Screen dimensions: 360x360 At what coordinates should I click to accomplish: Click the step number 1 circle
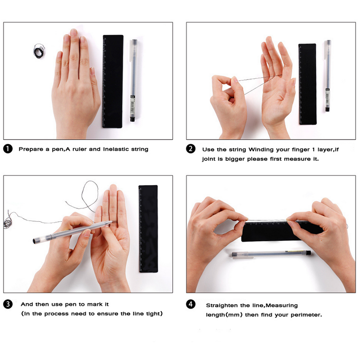click(x=8, y=149)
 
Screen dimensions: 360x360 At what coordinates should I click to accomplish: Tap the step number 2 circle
click(x=191, y=149)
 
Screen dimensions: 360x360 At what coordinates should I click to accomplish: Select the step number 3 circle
click(x=8, y=304)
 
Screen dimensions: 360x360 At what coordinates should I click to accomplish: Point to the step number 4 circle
click(x=191, y=304)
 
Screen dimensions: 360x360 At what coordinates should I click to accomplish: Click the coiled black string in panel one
click(x=39, y=51)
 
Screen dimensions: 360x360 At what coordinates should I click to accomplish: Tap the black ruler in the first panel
click(x=112, y=82)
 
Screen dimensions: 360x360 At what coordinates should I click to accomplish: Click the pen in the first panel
click(x=133, y=80)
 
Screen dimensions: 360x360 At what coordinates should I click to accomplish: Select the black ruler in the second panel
click(x=307, y=84)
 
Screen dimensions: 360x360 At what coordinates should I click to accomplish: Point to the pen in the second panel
click(x=328, y=76)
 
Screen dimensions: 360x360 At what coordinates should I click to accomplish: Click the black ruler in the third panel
click(x=148, y=229)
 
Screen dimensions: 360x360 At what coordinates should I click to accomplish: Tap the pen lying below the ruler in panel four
click(x=271, y=254)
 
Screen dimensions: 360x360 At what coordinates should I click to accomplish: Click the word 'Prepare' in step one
click(x=31, y=149)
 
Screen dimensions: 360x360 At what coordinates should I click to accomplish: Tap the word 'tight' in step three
click(x=153, y=314)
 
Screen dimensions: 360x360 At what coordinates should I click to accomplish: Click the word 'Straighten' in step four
click(x=222, y=306)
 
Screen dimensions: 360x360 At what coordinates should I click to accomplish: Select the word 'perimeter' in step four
click(x=306, y=315)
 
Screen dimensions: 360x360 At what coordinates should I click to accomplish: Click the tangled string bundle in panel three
click(x=8, y=222)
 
